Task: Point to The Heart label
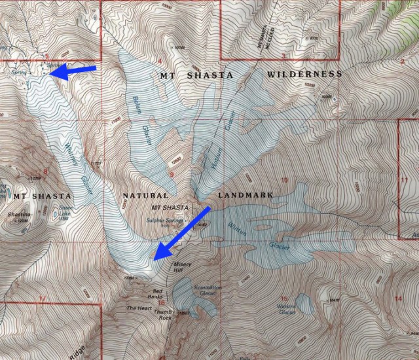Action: click(139, 308)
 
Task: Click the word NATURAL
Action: click(146, 196)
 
